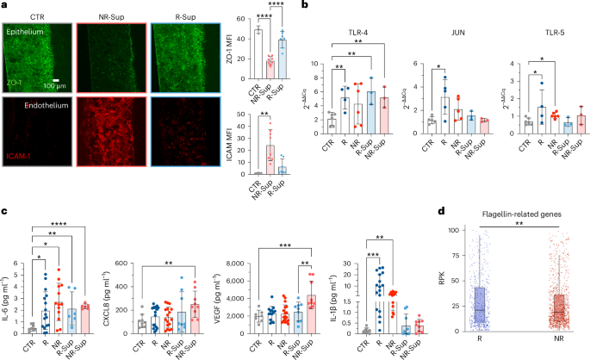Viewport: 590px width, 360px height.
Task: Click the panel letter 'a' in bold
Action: tap(5, 6)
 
